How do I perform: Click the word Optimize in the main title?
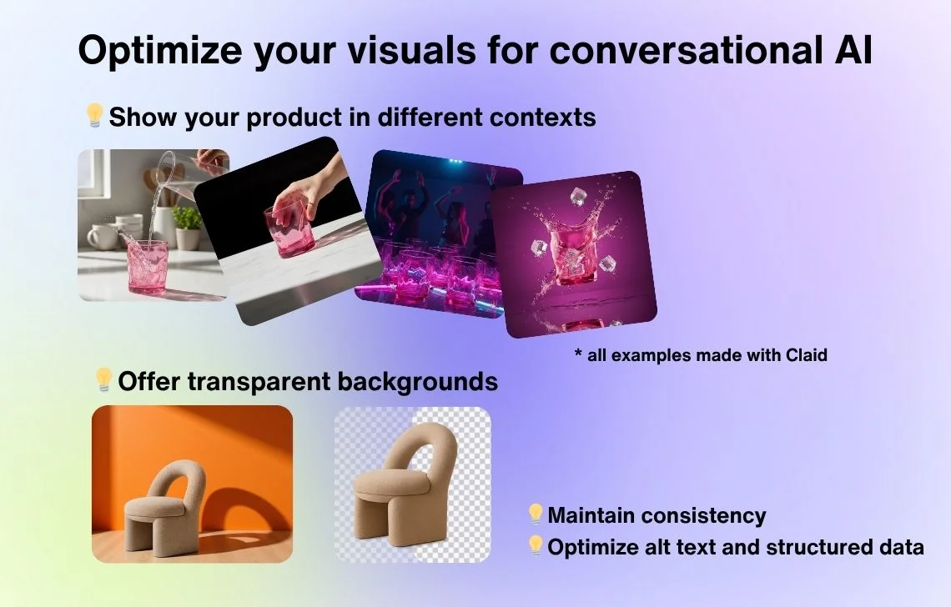click(160, 50)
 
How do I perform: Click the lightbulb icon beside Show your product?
click(94, 115)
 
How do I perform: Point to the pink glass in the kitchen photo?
click(147, 267)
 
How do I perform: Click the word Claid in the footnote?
click(806, 354)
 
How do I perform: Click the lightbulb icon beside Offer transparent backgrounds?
click(103, 379)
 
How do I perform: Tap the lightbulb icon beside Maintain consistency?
click(535, 514)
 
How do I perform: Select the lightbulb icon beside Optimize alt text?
click(535, 546)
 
